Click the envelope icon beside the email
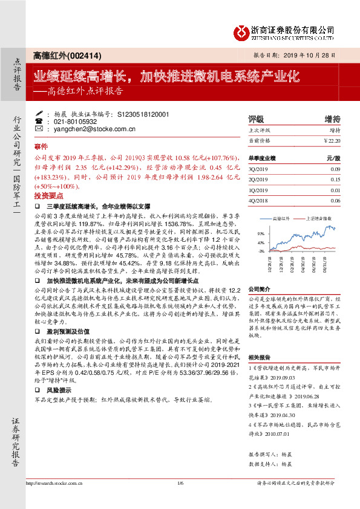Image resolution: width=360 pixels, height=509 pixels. click(39, 129)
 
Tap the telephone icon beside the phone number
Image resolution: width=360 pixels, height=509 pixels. click(39, 122)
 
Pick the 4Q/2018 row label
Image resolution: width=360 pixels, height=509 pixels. click(258, 200)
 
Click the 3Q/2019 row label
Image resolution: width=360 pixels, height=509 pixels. click(258, 169)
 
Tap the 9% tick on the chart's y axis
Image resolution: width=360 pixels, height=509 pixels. click(260, 232)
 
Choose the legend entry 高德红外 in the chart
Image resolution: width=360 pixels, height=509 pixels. click(281, 216)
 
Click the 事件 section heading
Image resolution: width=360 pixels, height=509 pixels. click(41, 146)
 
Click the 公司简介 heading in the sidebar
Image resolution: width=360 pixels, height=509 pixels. click(259, 289)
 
